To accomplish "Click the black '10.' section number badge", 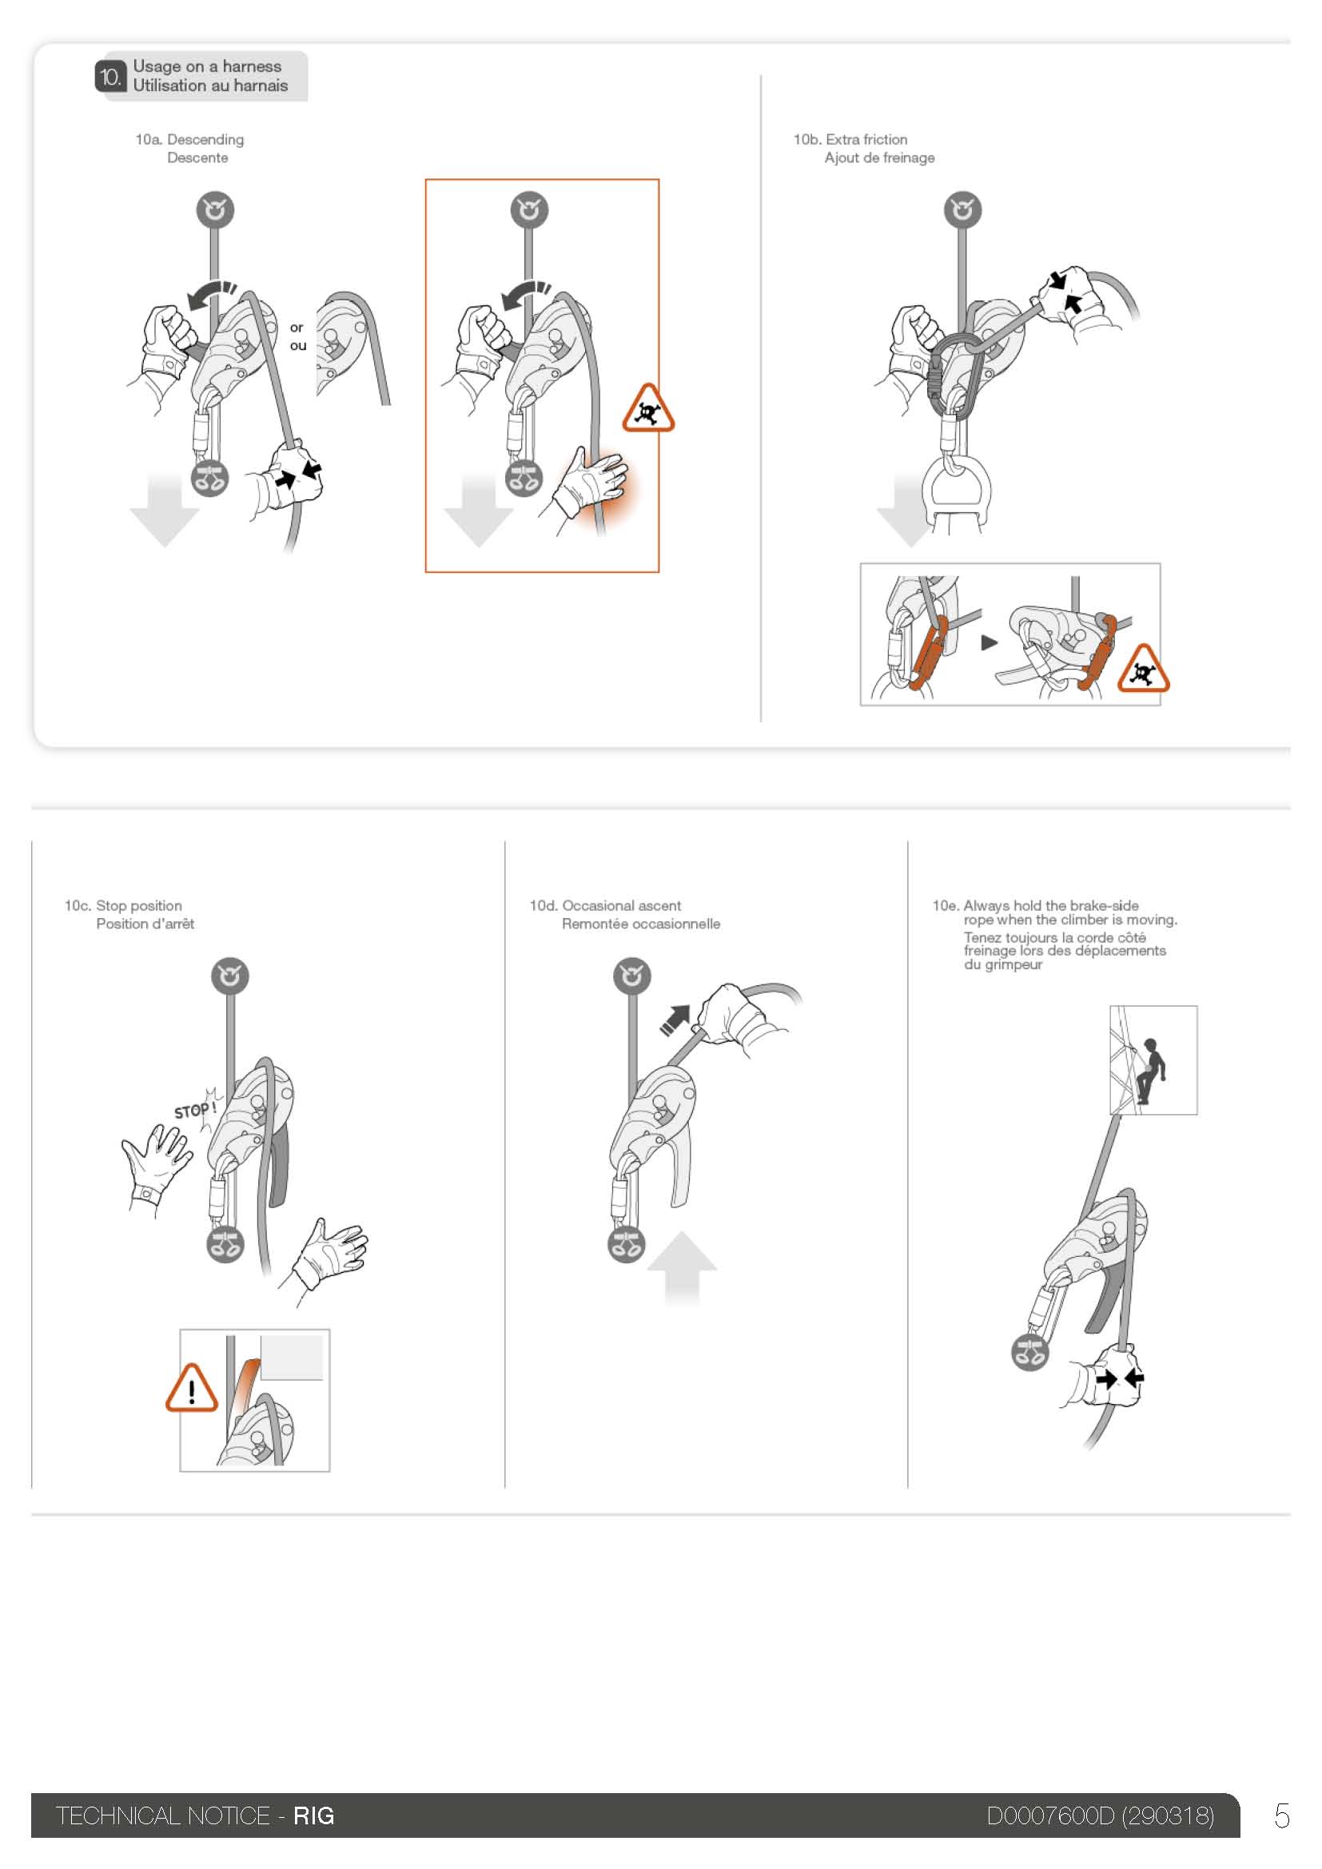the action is tap(110, 77).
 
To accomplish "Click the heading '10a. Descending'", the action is tap(189, 139).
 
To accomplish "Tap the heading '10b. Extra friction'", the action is tap(850, 139).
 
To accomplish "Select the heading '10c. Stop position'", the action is tap(123, 905).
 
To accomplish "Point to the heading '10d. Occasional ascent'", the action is tap(605, 905).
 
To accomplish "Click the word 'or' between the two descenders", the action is tap(297, 328).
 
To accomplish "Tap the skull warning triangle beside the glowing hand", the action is tap(648, 408).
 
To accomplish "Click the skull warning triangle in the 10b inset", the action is tap(1143, 669).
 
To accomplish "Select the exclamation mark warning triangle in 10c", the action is tap(191, 1389).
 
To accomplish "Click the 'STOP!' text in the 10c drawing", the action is tap(195, 1110).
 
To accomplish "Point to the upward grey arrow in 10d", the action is tap(681, 1269).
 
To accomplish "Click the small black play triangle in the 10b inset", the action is tap(989, 643).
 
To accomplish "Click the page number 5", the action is tap(1282, 1816).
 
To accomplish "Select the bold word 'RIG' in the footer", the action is tap(313, 1816).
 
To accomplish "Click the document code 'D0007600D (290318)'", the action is tap(1100, 1816).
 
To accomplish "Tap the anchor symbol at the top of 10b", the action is tap(962, 210).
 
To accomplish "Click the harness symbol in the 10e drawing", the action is tap(1029, 1353).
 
